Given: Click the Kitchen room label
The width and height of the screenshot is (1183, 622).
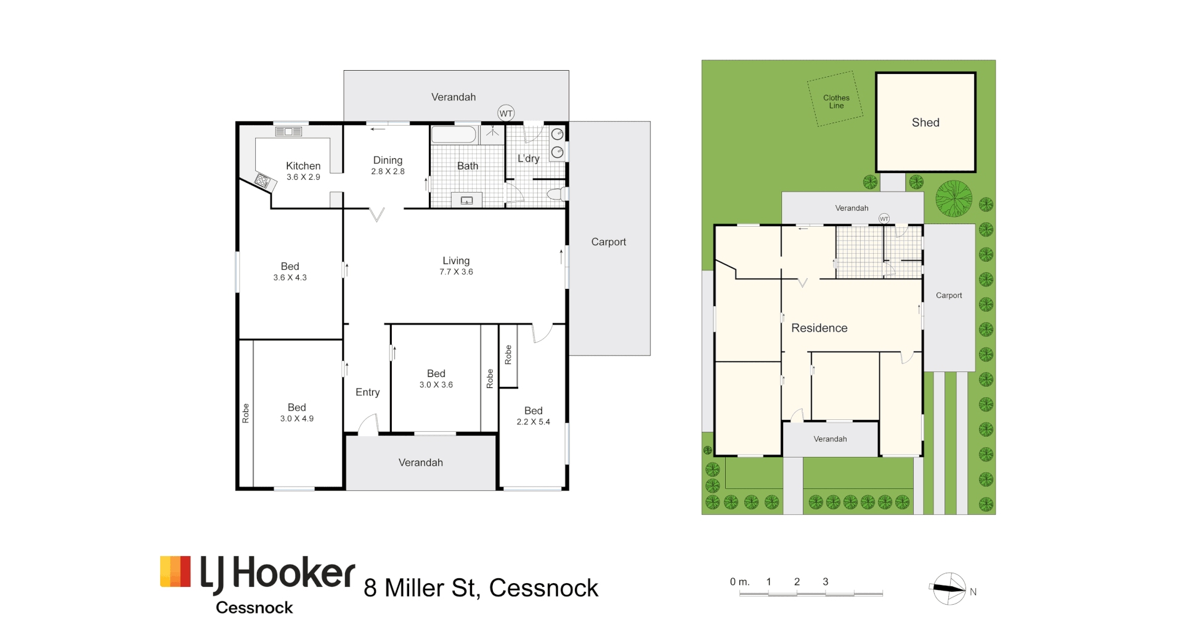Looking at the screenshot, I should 303,166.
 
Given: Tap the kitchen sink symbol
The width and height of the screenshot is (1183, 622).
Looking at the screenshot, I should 288,132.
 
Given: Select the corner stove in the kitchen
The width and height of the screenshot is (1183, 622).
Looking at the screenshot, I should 263,181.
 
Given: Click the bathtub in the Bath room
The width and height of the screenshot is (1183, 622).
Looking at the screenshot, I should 453,134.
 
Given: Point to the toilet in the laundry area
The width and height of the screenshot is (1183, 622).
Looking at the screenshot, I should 556,195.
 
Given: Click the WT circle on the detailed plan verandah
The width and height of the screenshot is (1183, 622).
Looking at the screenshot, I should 506,113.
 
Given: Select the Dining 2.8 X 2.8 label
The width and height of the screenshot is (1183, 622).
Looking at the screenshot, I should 388,165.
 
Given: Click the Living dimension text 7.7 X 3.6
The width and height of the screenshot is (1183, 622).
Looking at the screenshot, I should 456,272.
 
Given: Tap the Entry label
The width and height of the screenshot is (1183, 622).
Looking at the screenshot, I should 367,392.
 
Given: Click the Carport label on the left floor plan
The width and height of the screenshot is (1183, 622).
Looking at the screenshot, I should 608,242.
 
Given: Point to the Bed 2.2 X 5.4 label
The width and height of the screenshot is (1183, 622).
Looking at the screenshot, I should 533,416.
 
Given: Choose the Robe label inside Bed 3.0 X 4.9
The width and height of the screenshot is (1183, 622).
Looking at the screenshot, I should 246,413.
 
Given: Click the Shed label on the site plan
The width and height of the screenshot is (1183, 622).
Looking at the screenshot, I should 925,123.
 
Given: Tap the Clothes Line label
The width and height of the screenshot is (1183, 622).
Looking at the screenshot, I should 836,102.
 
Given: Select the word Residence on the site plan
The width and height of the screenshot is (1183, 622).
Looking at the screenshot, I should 819,328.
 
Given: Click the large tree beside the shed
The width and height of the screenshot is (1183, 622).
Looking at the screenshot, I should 953,198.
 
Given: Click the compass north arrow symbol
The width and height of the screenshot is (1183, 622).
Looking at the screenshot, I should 949,589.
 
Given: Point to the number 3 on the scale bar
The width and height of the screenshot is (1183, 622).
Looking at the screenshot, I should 825,581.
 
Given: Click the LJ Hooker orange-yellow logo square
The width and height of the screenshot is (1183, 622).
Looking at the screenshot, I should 176,572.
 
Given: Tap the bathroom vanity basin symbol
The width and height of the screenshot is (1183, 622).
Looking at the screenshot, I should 466,200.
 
